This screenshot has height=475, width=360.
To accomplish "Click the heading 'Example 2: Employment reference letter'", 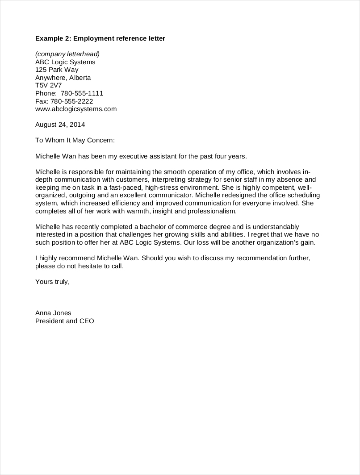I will point(100,39).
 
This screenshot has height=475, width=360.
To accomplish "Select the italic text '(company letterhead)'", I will point(71,54).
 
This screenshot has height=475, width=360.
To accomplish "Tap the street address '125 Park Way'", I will point(57,70).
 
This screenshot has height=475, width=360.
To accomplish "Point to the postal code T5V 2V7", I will point(48,86).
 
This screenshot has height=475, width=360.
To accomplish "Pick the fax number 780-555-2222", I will point(75,101).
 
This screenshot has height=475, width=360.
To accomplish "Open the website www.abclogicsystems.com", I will point(76,109).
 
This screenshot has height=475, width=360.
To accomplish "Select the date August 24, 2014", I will point(60,125).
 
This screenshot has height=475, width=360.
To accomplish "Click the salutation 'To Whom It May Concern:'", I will point(75,140).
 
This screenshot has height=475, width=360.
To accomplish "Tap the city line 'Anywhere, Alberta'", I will point(63,78).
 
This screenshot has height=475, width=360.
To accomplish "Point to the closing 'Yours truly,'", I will point(53,282).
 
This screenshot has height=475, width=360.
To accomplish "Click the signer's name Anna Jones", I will point(53,313).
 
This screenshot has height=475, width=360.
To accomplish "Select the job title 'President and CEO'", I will point(65,321).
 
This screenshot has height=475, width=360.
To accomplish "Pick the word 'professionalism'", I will point(212,211).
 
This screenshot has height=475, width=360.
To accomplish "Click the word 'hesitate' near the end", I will point(93,266).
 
